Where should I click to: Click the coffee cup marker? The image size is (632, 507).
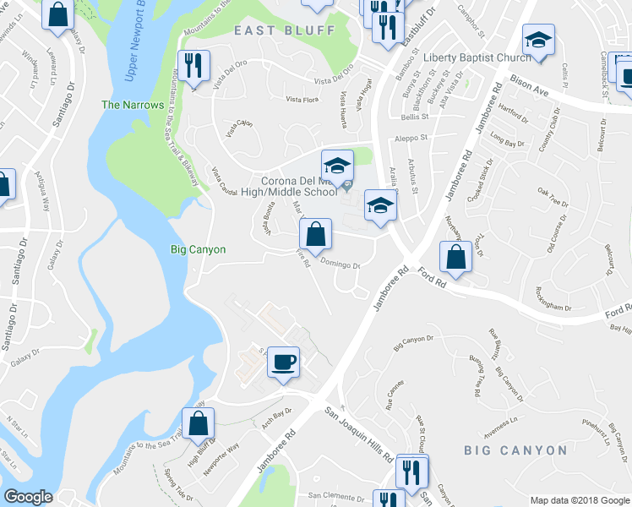point(283,362)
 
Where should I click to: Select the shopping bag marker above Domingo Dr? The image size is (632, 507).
point(315,234)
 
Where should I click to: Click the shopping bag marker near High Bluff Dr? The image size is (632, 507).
point(199,422)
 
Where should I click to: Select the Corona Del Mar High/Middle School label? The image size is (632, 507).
point(298,186)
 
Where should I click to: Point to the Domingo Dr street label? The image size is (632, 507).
point(341,264)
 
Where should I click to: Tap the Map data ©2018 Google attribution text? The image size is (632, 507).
point(579,499)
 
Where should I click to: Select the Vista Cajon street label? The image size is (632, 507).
point(239,128)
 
